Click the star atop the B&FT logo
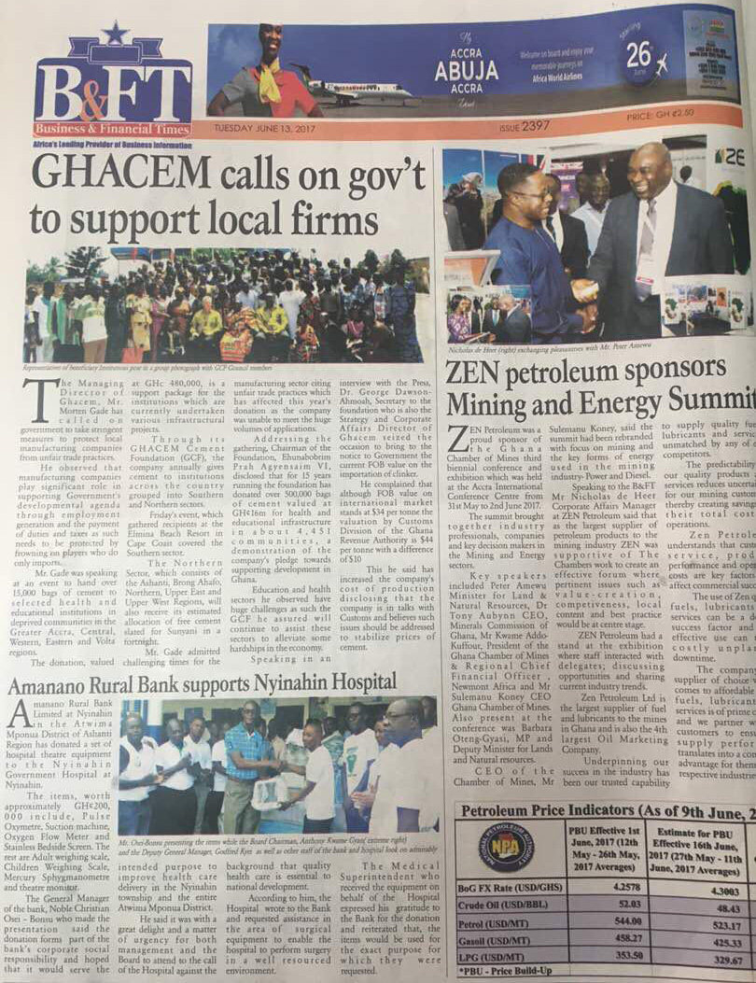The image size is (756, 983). [116, 35]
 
